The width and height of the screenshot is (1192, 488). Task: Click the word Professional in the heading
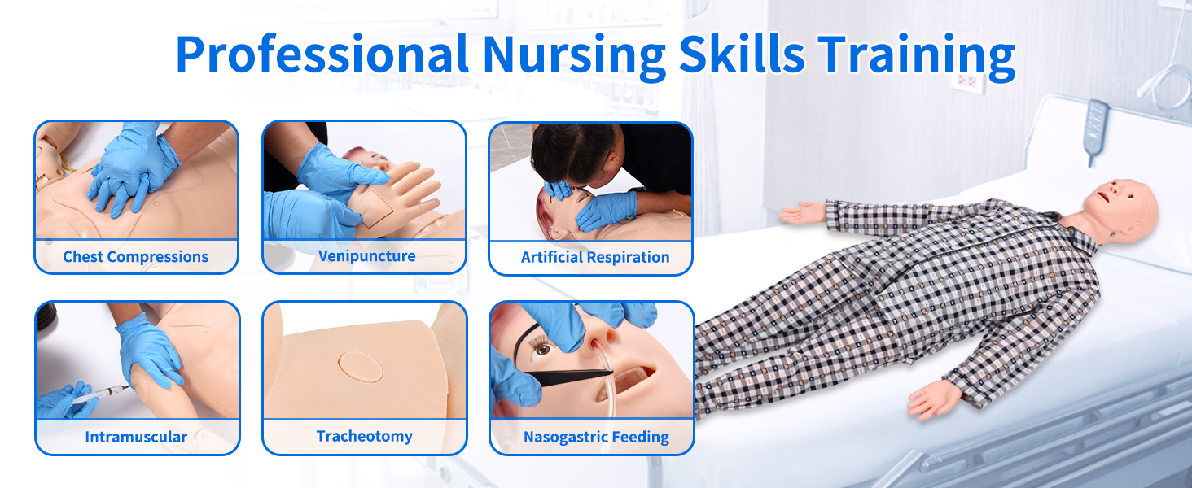pos(322,54)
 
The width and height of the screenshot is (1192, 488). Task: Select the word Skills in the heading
pos(741,53)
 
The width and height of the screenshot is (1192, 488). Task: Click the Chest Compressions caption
pos(136,257)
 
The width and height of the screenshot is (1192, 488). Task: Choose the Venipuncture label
pos(366,256)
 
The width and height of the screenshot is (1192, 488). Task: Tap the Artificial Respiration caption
pos(595,257)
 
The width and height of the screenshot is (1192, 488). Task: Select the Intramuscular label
pos(136,437)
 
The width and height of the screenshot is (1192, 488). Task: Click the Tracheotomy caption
pos(365,437)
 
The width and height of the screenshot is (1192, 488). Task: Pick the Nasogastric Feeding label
pos(596,437)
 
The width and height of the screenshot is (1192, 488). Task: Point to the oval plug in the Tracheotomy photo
pos(360,366)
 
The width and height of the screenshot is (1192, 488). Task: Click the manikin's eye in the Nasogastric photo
pos(543,350)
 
